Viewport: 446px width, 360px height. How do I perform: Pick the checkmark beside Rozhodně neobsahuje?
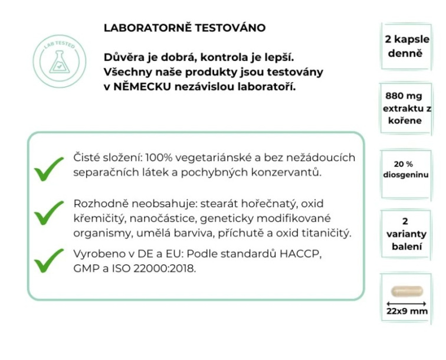point(48,212)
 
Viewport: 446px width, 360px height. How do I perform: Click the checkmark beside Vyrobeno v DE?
point(48,260)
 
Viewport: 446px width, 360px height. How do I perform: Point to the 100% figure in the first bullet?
point(159,158)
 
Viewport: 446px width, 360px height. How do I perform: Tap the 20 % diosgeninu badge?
point(404,169)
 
